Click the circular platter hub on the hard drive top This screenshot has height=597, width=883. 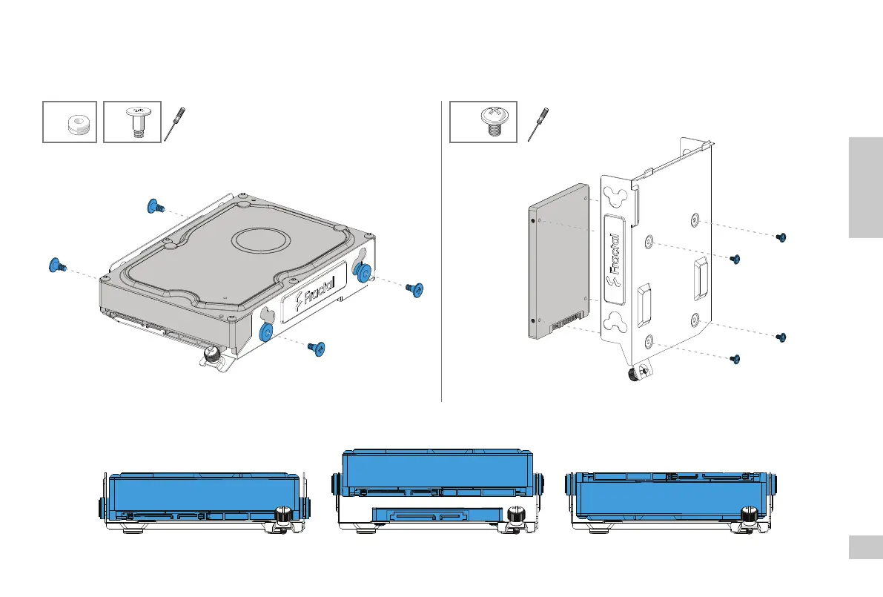click(262, 242)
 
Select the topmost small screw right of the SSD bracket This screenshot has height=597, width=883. click(780, 237)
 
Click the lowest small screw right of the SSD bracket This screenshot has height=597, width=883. click(735, 359)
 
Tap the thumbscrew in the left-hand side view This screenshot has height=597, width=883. click(282, 514)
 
